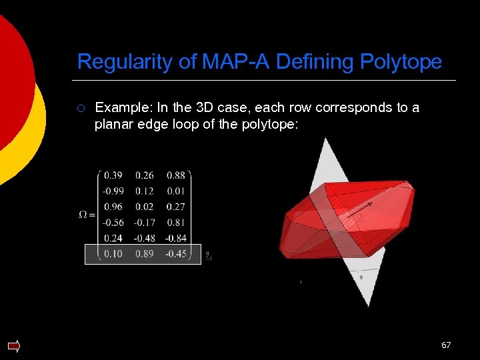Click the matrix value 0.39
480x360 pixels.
(x=113, y=176)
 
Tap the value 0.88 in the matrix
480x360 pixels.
(x=176, y=176)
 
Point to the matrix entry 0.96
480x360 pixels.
(x=113, y=207)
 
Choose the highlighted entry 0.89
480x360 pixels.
(x=144, y=254)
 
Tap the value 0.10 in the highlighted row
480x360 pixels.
(x=113, y=254)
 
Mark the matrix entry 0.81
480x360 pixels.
(x=176, y=223)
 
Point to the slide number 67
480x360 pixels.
(x=446, y=345)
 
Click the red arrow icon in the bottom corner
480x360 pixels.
(x=13, y=345)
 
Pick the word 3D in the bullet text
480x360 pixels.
(x=187, y=107)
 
